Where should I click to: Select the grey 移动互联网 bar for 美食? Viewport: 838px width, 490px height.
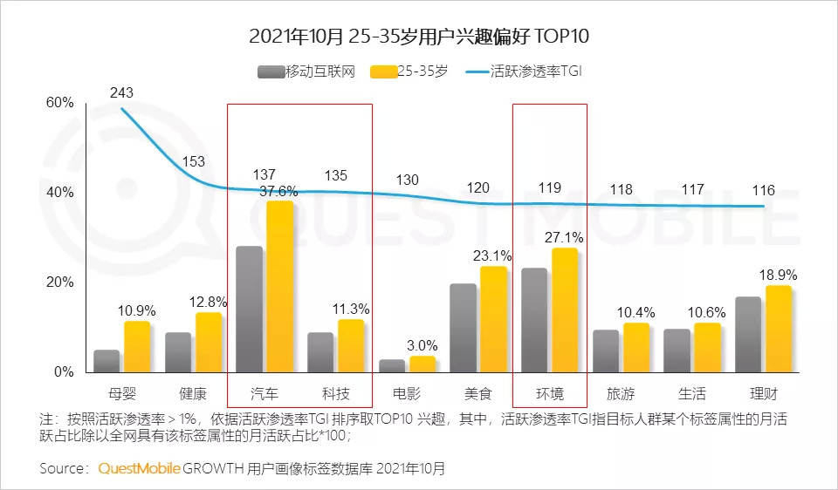point(464,327)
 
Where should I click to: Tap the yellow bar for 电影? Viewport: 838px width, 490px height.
point(422,364)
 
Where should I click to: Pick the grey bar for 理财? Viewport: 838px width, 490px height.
point(748,334)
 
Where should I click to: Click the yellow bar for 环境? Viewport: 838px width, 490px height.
point(565,310)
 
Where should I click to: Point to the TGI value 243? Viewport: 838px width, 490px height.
point(121,93)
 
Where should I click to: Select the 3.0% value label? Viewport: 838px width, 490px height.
point(422,346)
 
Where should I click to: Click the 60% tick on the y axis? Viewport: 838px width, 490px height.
point(59,103)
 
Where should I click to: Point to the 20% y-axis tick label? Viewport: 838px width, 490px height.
point(59,282)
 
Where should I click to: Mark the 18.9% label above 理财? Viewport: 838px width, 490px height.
point(779,276)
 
